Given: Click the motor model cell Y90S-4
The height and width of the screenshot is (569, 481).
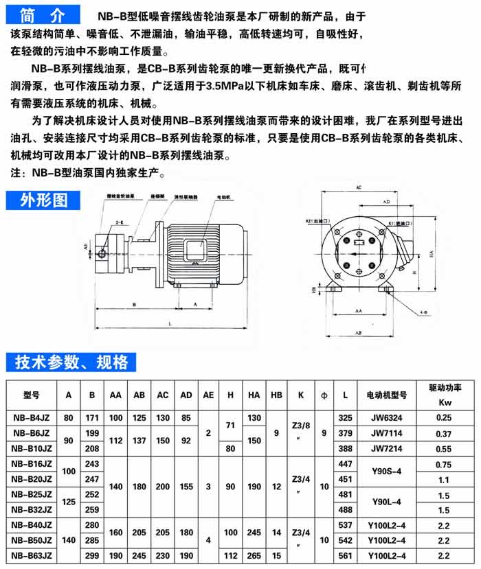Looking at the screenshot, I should pyautogui.click(x=387, y=472).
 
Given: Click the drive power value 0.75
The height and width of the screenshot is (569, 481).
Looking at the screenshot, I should pyautogui.click(x=443, y=464).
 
